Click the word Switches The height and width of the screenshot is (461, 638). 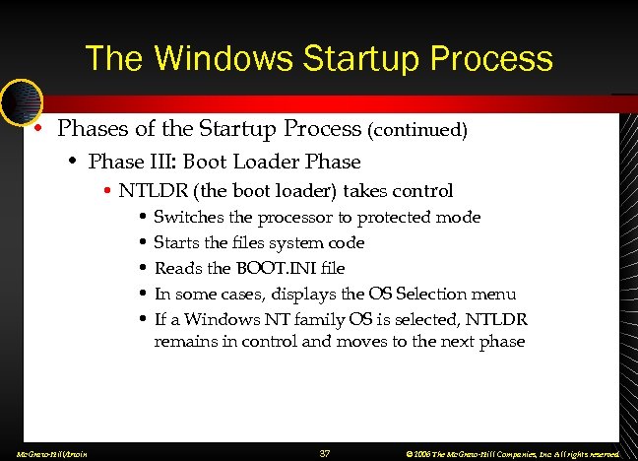tap(186, 217)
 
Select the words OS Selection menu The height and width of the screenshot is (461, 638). tap(453, 294)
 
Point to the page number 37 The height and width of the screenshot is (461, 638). tap(325, 453)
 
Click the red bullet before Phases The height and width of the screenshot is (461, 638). tap(36, 129)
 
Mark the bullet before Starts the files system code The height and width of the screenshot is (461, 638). tap(144, 242)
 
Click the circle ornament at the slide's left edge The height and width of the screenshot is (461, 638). tap(21, 101)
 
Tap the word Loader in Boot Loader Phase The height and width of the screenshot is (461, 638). tap(281, 161)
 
